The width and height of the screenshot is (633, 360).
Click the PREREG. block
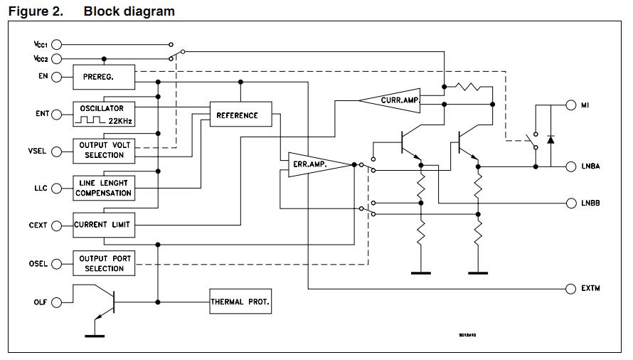pos(103,77)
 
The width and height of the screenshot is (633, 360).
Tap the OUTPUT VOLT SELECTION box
pos(103,150)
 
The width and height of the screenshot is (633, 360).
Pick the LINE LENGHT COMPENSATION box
pos(103,188)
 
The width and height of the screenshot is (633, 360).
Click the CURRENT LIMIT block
pos(103,225)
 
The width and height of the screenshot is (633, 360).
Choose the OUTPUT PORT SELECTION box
pos(103,263)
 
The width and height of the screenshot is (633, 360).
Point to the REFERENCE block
pos(240,115)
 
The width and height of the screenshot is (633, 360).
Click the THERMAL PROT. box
pos(240,302)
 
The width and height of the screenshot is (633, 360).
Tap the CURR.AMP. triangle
pos(394,101)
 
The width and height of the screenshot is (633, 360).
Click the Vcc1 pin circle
pos(57,44)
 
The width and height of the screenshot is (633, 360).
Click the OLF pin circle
pos(57,302)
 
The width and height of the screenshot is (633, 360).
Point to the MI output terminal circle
pos(570,105)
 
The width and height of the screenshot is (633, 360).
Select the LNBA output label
pos(590,166)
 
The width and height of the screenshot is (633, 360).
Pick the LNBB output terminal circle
pos(570,203)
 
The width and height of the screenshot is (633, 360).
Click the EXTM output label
pos(590,289)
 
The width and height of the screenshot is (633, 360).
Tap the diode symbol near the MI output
pos(550,139)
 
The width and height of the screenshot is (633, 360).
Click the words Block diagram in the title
pos(129,11)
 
